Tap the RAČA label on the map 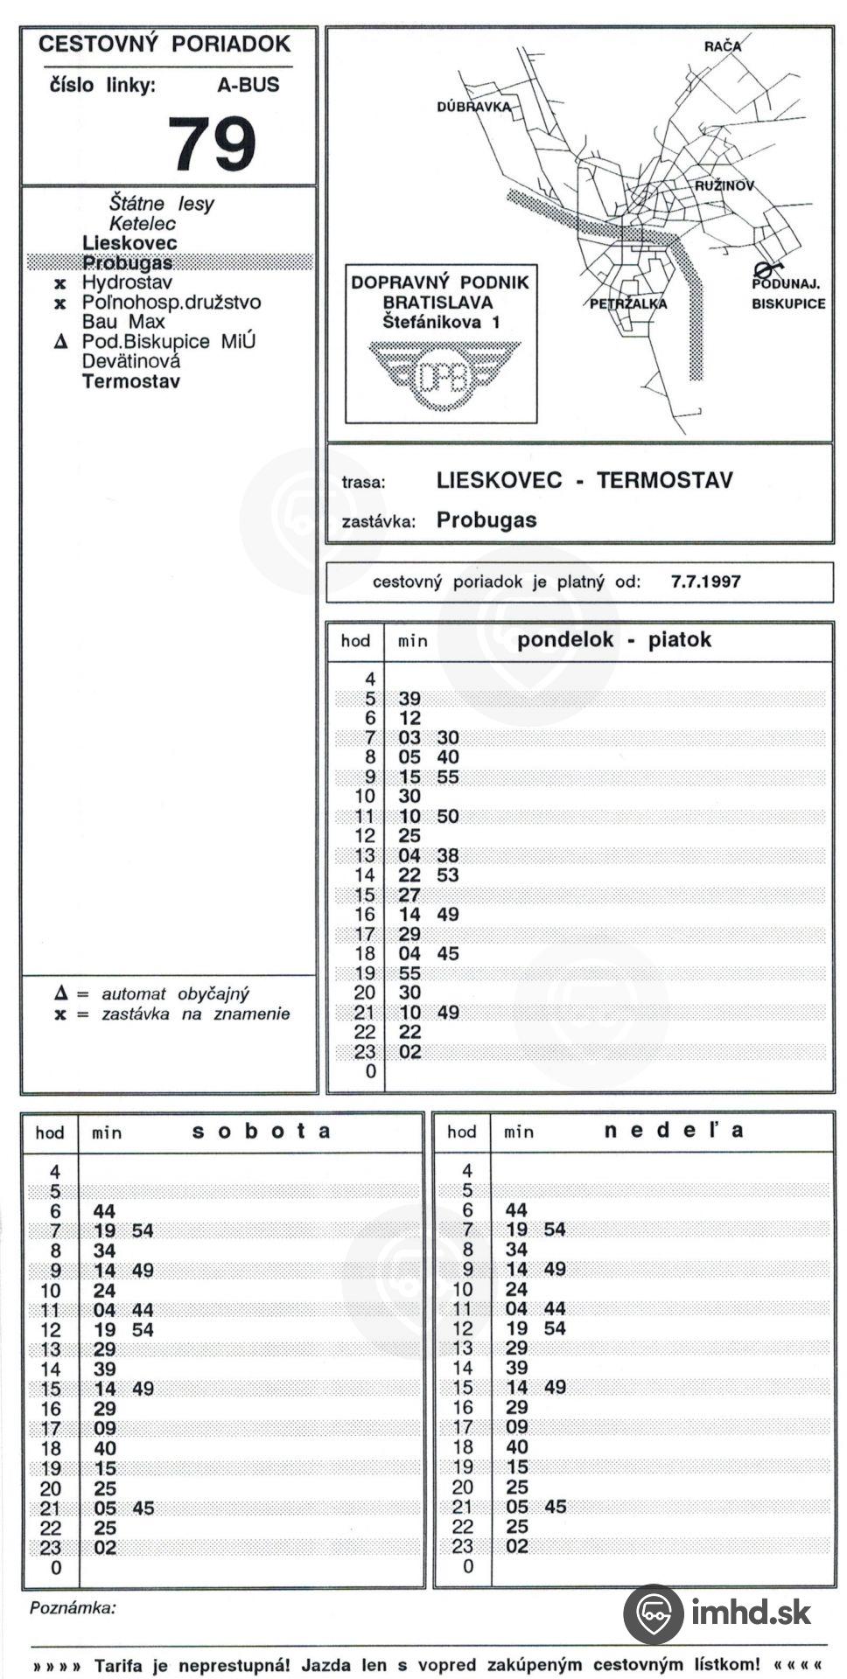point(722,46)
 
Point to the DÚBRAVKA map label point(472,107)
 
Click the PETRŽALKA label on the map point(628,303)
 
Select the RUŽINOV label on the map point(724,186)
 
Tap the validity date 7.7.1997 point(705,582)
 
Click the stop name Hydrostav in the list point(127,282)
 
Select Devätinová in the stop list point(131,361)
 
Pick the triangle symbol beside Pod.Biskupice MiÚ point(60,342)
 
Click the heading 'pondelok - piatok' point(613,639)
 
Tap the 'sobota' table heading point(261,1131)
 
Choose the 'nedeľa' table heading point(674,1130)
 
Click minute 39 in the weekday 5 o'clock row point(409,699)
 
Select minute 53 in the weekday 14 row point(447,875)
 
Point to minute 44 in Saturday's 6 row point(104,1211)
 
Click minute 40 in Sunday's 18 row point(517,1447)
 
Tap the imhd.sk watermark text point(751,1613)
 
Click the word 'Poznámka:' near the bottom point(73,1607)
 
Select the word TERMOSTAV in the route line point(665,480)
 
